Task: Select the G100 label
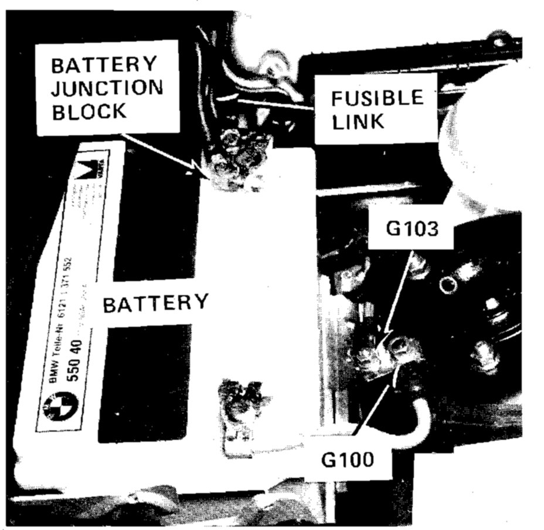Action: click(348, 460)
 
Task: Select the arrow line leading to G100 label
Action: click(372, 413)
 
